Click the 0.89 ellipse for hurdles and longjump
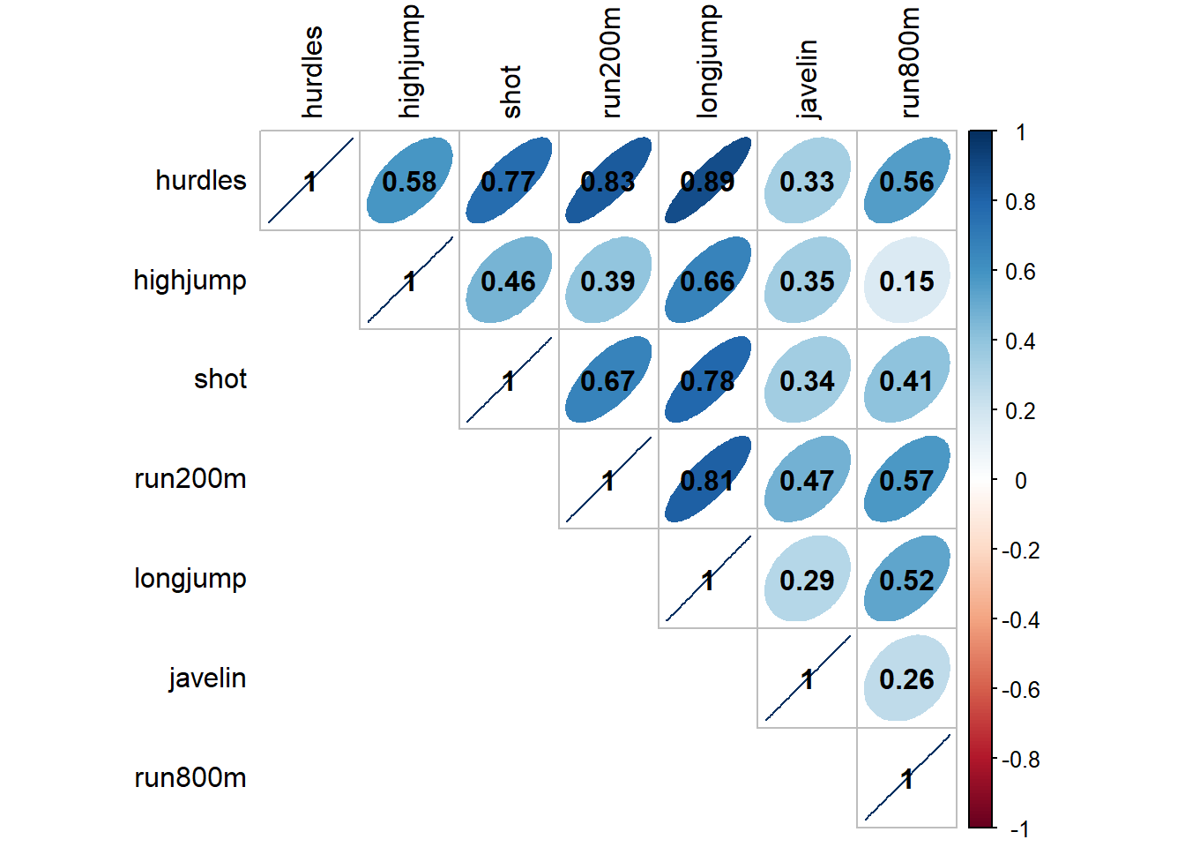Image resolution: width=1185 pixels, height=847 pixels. [x=708, y=181]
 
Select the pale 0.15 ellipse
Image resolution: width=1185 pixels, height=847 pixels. [x=906, y=281]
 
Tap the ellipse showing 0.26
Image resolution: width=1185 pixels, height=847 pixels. [x=906, y=678]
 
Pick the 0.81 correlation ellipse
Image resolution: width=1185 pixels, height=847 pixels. [x=708, y=480]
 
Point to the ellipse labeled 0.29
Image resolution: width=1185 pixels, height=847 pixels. [x=807, y=580]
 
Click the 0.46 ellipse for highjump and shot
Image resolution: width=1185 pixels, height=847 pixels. [x=509, y=281]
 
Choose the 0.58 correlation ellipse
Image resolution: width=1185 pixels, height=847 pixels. [x=409, y=181]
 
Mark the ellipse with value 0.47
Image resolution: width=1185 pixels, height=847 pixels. [x=807, y=480]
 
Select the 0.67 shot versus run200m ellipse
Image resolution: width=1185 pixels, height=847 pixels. [x=608, y=380]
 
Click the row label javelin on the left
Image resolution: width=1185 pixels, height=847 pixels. [x=207, y=678]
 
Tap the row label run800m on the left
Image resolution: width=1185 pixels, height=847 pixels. [x=190, y=778]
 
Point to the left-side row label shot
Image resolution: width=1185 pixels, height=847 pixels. [x=220, y=379]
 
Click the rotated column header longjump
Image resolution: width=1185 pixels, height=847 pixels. [x=708, y=62]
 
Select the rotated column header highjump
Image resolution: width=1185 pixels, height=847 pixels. [x=410, y=62]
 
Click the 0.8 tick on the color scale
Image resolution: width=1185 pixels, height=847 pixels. [x=1020, y=202]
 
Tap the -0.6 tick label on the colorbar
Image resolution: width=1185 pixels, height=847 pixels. [x=1020, y=690]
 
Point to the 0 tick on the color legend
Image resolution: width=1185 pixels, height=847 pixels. [x=1020, y=481]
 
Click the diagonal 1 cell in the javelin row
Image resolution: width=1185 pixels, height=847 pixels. [x=807, y=678]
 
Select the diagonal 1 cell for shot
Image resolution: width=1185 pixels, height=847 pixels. [x=509, y=380]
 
